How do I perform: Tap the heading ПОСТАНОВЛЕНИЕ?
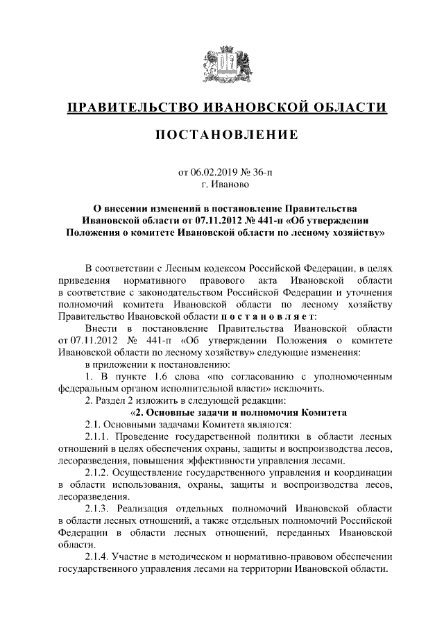coord(222,133)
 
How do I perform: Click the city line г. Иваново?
coord(222,185)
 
